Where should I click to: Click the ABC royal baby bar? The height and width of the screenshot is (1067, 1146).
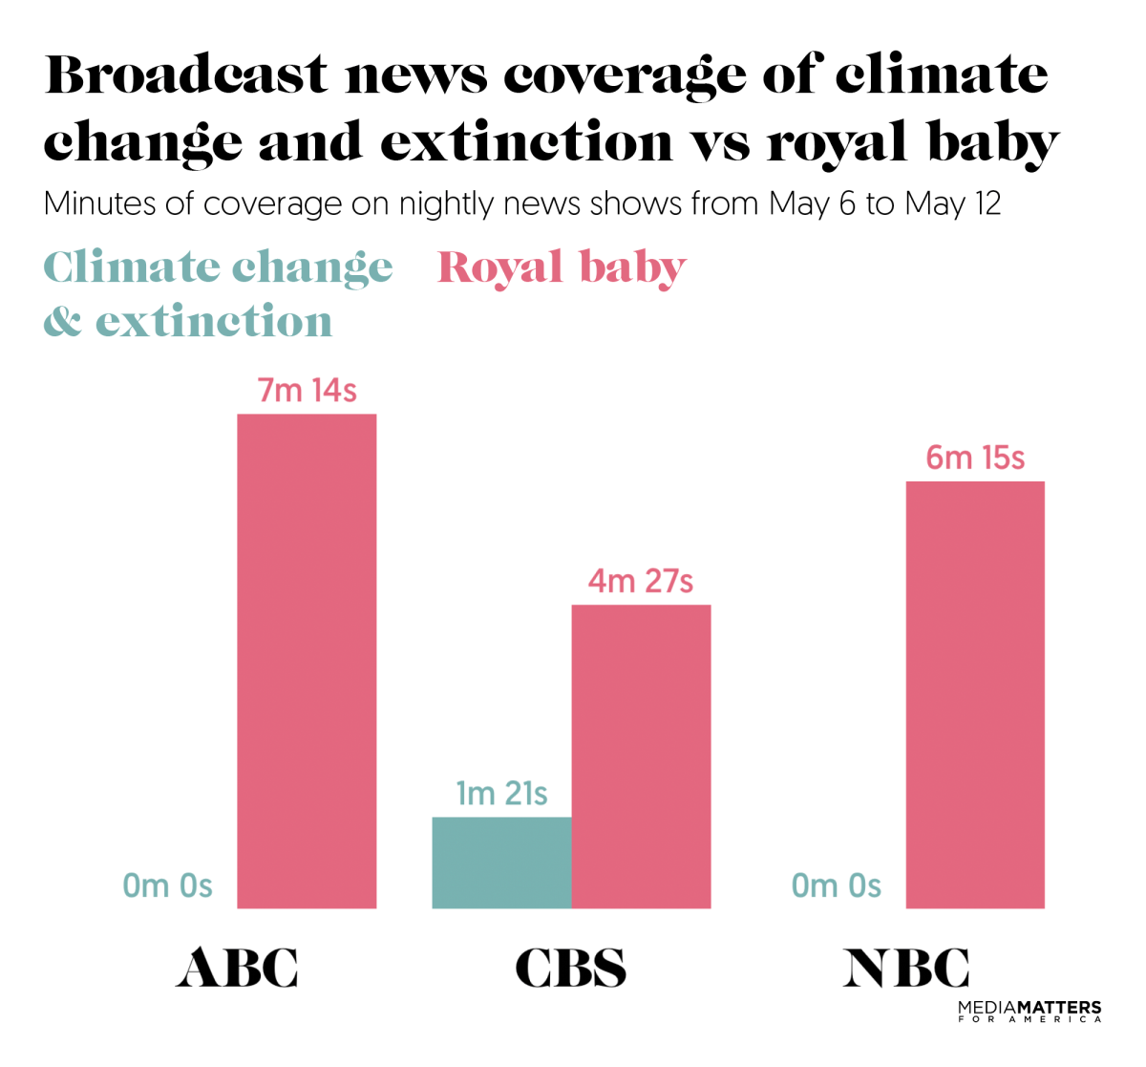point(307,661)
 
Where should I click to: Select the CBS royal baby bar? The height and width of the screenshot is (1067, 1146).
point(641,757)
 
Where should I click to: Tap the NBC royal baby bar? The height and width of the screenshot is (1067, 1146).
point(975,694)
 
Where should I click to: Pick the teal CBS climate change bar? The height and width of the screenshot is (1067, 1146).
point(501,863)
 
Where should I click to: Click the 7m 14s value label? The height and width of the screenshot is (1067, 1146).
point(307,391)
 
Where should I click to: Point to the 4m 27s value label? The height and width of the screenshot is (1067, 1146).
point(640,581)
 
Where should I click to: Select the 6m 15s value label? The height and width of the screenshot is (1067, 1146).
point(975,459)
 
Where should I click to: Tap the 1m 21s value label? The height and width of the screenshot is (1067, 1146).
point(501,794)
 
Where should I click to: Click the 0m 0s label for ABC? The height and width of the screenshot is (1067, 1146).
point(167,886)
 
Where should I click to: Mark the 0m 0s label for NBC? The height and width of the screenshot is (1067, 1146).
point(836,886)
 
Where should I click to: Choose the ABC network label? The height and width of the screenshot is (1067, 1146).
point(237,968)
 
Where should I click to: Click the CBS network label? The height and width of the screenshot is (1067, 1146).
point(570,968)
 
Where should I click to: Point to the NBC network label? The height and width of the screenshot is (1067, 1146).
point(905,968)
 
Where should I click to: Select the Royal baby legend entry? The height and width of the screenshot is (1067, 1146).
point(562,268)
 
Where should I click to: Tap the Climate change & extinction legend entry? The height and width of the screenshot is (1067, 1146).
point(218,293)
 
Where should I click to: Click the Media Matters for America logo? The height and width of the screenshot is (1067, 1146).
point(1029,1012)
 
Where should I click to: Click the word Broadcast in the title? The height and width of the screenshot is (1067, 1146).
point(186,75)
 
